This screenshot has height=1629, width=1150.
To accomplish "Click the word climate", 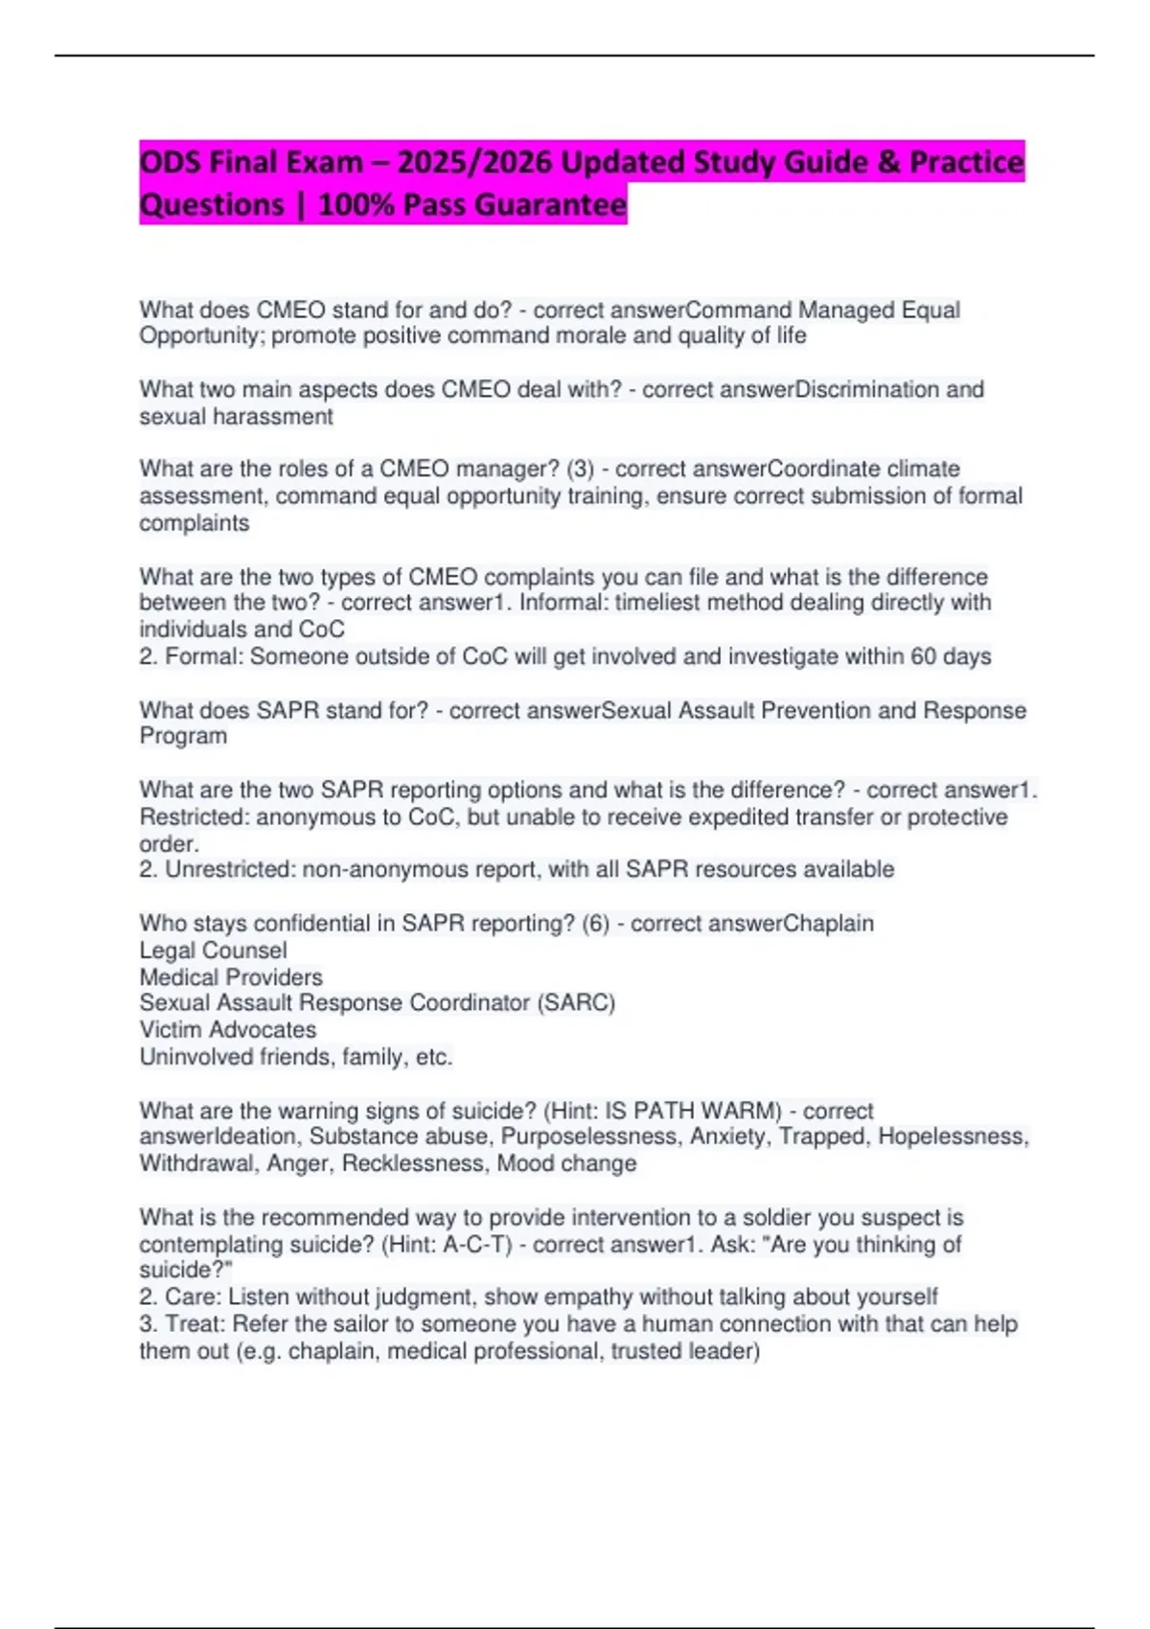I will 923,469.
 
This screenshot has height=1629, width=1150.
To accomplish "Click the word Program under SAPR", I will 183,736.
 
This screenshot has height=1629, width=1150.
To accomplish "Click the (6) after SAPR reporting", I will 595,923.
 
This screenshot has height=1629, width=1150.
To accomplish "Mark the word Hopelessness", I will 953,1136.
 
